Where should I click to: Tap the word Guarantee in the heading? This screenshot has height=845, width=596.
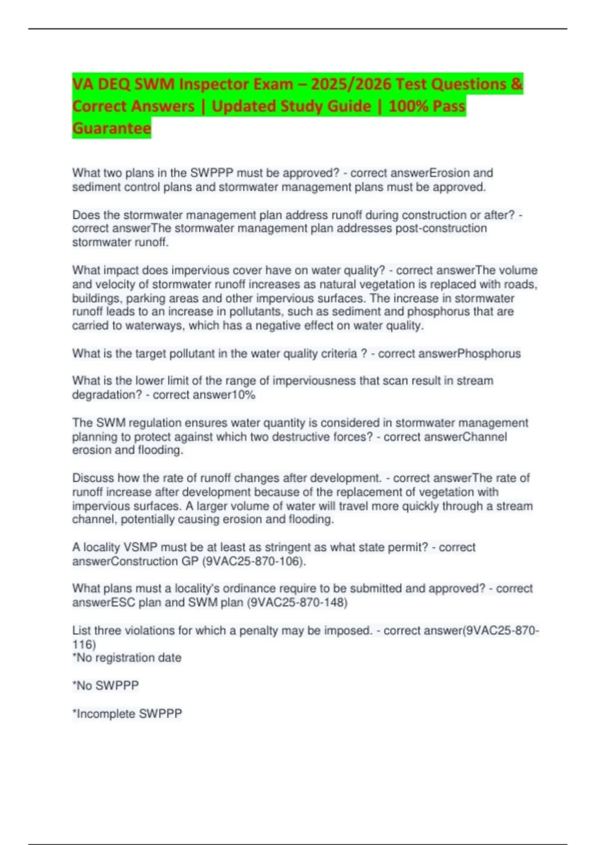coord(112,128)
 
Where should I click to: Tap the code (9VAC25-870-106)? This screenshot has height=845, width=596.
coord(254,561)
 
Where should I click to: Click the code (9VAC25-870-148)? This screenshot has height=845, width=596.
coord(297,602)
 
